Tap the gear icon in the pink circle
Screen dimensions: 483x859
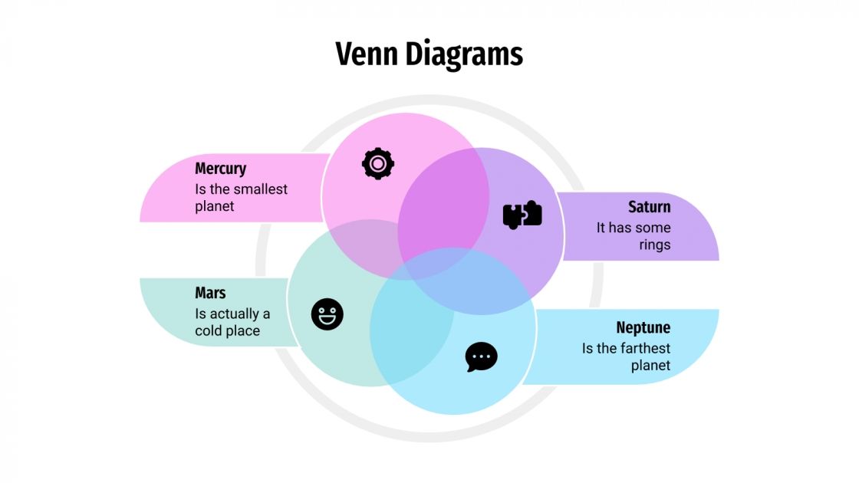(x=378, y=163)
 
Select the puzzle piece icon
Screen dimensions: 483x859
(x=522, y=215)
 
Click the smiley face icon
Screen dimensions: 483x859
(x=327, y=314)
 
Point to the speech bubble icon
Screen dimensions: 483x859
(x=482, y=357)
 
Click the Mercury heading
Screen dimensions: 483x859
(x=221, y=169)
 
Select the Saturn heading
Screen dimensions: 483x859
(x=649, y=207)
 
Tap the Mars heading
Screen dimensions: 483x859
(x=210, y=293)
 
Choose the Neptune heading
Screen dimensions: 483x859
(x=643, y=328)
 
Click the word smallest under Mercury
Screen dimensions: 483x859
(x=260, y=189)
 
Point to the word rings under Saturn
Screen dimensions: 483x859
(x=654, y=245)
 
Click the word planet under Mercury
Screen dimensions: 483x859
(x=215, y=206)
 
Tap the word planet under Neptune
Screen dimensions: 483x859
(x=650, y=366)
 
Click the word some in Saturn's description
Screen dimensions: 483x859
(x=653, y=228)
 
